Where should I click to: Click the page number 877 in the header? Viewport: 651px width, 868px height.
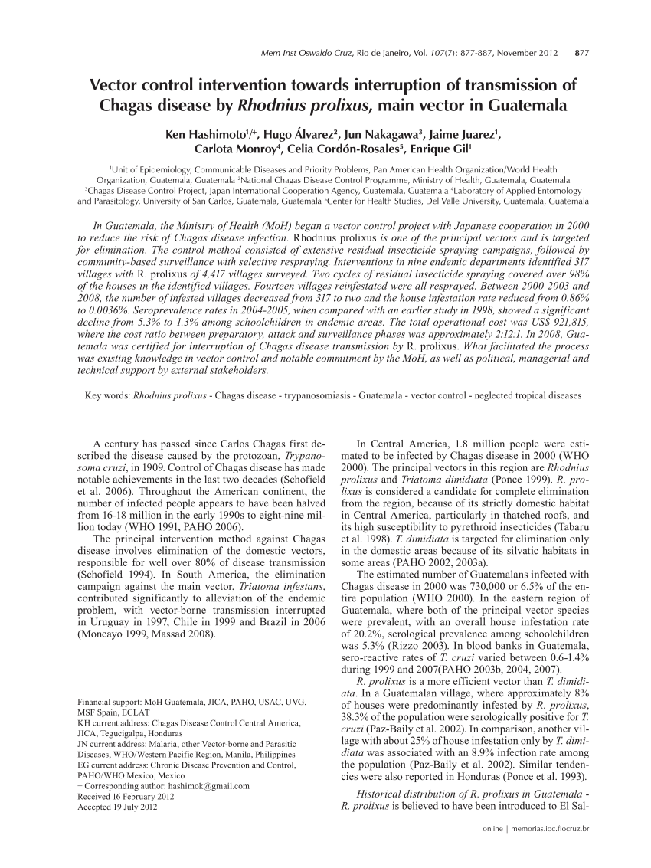click(x=581, y=54)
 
